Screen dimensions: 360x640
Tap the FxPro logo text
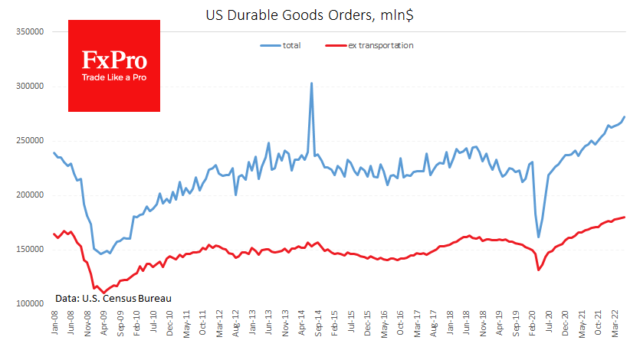[114, 61]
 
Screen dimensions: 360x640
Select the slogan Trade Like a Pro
[114, 78]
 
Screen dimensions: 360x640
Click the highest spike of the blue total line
[311, 83]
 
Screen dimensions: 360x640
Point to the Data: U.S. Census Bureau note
[113, 298]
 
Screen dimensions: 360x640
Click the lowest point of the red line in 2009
[104, 293]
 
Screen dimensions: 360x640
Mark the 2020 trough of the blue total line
[538, 237]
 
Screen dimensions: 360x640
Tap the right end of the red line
[625, 217]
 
